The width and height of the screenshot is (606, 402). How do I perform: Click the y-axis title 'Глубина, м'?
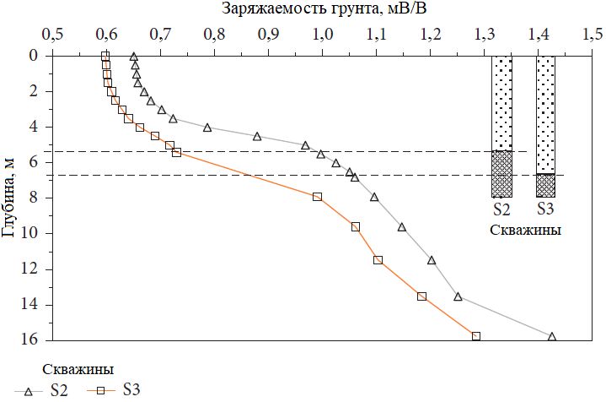pos(9,197)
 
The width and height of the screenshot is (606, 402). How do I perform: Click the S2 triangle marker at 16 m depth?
pos(552,336)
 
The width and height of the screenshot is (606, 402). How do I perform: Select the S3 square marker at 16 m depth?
pos(476,336)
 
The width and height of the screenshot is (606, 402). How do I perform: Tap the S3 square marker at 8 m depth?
pos(317,197)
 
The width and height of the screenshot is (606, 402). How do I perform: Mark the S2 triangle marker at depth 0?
pos(134,57)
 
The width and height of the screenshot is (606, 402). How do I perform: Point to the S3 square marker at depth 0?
pos(105,56)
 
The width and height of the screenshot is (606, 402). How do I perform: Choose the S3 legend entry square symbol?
pos(99,391)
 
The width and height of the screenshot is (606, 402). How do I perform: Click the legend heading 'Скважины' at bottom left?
pos(78,369)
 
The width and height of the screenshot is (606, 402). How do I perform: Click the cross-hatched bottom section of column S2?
pos(501,174)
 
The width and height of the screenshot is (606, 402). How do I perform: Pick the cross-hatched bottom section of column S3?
pos(545,185)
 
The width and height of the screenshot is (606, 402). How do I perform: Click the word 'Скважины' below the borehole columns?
pos(524,230)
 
